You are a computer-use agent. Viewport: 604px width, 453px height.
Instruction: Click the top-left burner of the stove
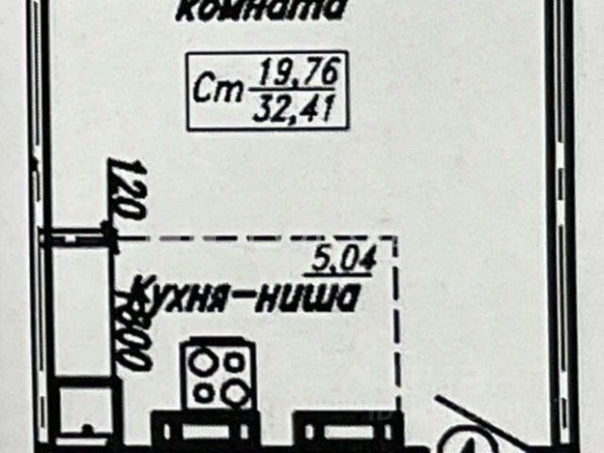203,363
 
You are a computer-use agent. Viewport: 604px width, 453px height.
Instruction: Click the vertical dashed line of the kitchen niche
396,330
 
